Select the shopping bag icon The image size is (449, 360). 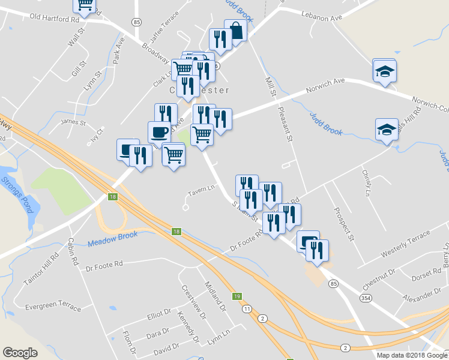236,31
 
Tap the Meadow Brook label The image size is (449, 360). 113,239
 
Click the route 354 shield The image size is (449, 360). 365,298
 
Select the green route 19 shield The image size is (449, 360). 237,296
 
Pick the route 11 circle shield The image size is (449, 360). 247,308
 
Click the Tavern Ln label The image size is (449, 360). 201,190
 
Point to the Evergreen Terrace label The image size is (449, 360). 53,307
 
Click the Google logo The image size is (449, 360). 20,353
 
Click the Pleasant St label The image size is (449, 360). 285,122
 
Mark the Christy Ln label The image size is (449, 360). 367,182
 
